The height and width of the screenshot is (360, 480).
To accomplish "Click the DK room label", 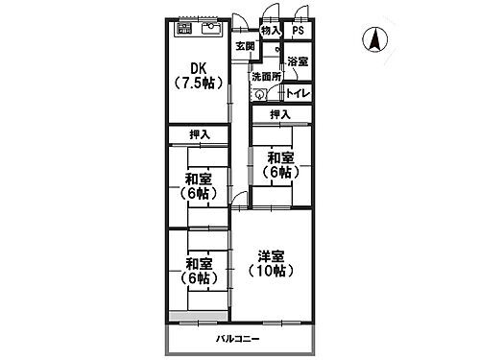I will coord(199,67).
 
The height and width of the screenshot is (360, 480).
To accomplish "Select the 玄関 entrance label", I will coord(245,47).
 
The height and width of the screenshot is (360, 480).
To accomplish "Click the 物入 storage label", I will coord(270,31).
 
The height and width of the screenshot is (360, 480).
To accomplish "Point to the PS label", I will coord(298,31).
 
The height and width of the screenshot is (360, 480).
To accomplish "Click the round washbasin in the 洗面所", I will coord(259,93).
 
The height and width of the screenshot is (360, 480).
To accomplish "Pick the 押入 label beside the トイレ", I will coord(279,115).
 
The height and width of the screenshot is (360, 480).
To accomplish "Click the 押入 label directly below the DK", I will coord(199,134).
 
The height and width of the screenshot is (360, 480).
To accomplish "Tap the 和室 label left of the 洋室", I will coord(199,264).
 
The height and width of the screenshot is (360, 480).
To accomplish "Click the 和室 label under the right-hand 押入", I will coord(280,157).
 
